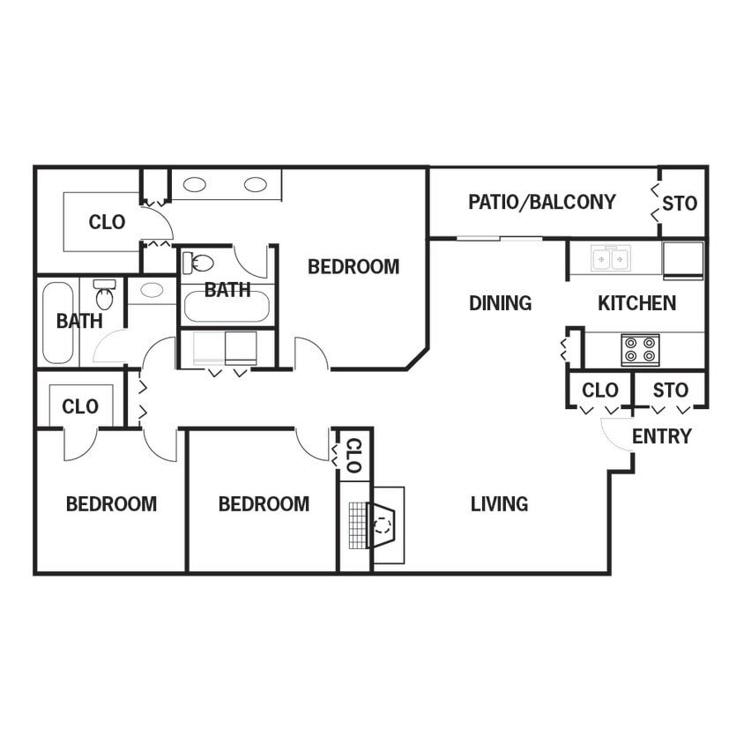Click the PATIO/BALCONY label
[541, 202]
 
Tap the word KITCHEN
[636, 303]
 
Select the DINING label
[500, 303]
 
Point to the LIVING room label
[499, 504]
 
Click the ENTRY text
[661, 436]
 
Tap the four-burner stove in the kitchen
[641, 350]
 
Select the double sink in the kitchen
[611, 258]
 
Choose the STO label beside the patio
[680, 204]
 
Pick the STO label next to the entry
[670, 390]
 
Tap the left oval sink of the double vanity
[195, 184]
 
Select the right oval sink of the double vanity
[256, 184]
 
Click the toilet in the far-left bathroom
[104, 296]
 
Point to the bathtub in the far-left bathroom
[58, 322]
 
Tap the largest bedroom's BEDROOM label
[353, 267]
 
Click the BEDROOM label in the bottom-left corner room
[111, 504]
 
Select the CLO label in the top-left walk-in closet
[107, 222]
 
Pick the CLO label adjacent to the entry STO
[599, 390]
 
